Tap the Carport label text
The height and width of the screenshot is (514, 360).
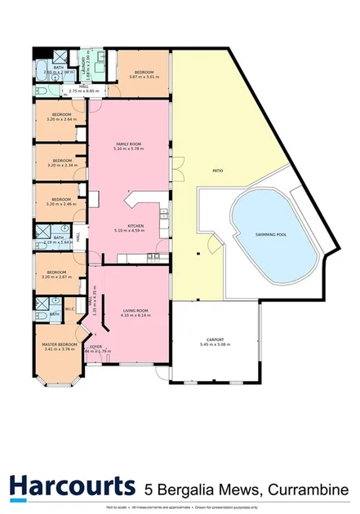pos(215,339)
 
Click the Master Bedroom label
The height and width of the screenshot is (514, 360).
pos(60,344)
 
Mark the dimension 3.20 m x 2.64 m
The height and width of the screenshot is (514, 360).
pos(61,119)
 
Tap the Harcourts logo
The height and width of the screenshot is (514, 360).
pos(72,487)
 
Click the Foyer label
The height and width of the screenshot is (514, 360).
pos(96,346)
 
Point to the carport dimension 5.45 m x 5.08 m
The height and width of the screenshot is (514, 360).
pos(215,344)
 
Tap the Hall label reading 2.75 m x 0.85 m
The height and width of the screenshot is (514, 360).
pos(85,91)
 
